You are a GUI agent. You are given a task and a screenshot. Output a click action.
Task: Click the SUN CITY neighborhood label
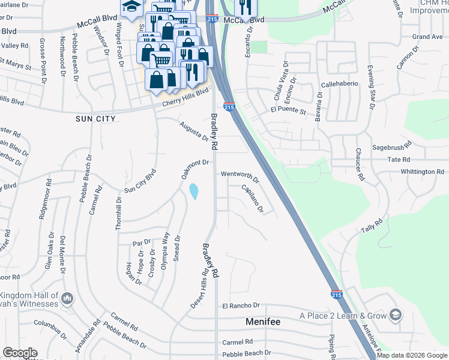(95, 119)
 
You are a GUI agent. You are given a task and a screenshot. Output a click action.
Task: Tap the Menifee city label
(263, 322)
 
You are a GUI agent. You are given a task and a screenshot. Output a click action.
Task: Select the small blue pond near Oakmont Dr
(194, 192)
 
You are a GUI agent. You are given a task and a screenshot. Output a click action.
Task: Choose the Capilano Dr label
(252, 199)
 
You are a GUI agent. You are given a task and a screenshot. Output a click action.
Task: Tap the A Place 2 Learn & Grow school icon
(395, 314)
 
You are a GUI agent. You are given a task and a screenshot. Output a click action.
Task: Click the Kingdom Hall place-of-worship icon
(67, 298)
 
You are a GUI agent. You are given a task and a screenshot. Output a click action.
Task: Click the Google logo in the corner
(19, 353)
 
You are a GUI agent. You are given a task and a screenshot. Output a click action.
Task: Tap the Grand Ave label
(427, 37)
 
